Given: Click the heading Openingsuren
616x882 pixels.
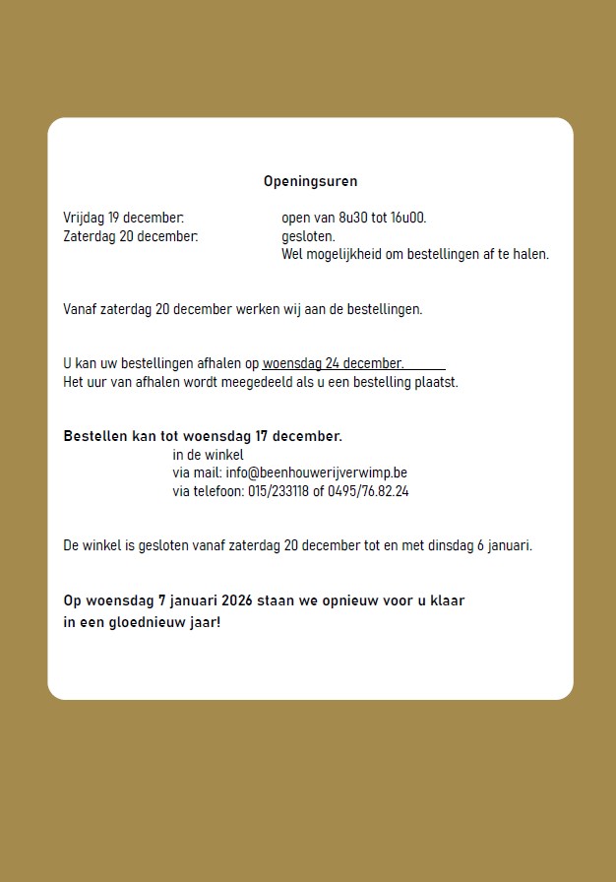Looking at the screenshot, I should [x=310, y=181].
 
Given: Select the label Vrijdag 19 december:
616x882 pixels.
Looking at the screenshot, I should [x=123, y=218].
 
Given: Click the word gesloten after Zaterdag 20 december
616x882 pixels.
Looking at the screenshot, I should [x=308, y=236].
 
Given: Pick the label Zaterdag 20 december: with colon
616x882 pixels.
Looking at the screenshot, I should [x=130, y=236].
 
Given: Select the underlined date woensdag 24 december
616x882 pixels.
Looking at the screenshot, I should [x=333, y=363].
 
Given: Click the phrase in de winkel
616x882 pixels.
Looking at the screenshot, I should [x=208, y=454].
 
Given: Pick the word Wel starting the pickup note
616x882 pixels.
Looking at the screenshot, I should [x=292, y=254].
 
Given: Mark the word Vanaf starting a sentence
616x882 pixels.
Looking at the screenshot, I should [x=81, y=309].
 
